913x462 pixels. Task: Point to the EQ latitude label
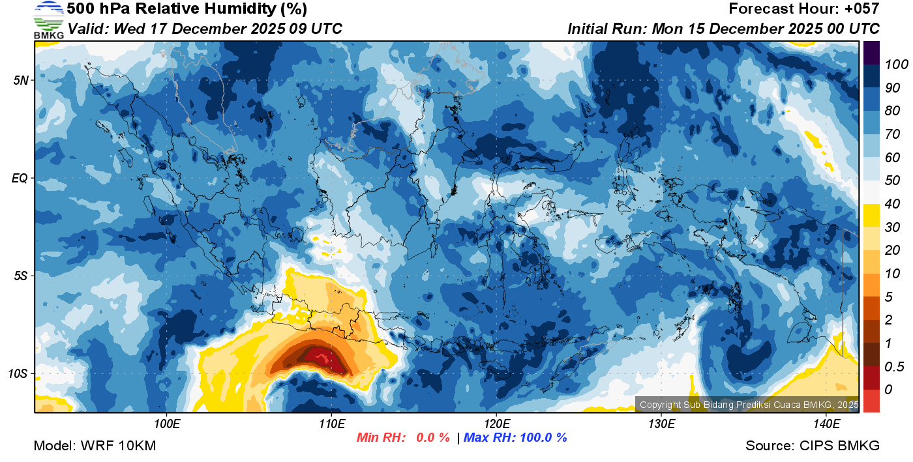pos(20,178)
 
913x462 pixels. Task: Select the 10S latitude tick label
pos(18,374)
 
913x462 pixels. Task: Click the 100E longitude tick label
pos(167,424)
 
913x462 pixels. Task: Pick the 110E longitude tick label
pos(331,424)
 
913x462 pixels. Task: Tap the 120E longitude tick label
pos(496,424)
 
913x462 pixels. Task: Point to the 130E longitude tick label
pos(661,424)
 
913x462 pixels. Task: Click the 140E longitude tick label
pos(826,424)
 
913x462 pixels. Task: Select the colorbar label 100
pos(892,65)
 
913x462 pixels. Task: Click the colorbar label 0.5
pos(892,366)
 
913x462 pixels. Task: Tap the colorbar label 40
pos(891,204)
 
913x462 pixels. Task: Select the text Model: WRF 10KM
pos(95,446)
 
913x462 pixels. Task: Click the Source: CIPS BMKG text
pos(813,446)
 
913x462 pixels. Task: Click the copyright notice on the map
pos(749,405)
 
